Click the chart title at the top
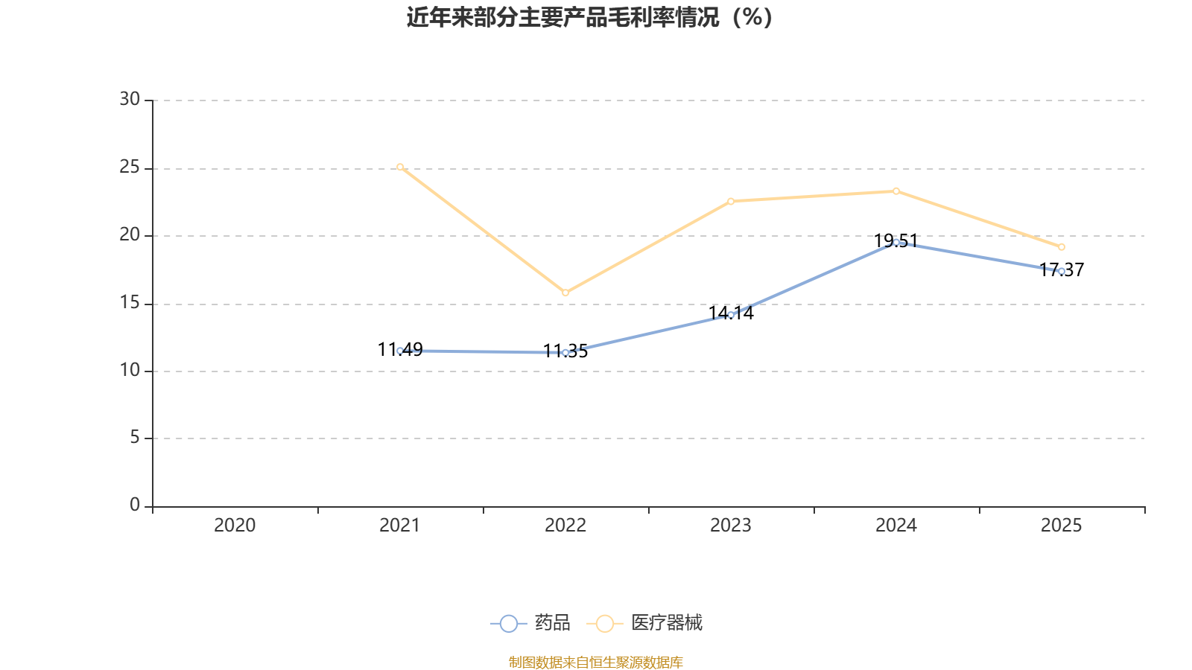pos(589,18)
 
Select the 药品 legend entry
pos(530,622)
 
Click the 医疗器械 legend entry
pos(644,622)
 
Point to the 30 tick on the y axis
pos(130,100)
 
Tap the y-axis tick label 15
pos(130,303)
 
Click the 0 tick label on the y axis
pos(135,505)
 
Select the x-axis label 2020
pos(235,526)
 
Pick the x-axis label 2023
pos(731,526)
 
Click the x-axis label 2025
pos(1061,526)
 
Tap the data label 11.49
pos(400,349)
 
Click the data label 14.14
pos(731,313)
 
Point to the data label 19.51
pos(896,241)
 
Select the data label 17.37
pos(1061,270)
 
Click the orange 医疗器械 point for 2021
pos(400,167)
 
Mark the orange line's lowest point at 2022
pos(565,293)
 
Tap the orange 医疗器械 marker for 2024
pos(896,191)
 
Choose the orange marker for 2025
pos(1061,246)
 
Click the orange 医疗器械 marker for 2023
pos(731,201)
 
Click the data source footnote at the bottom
pos(595,662)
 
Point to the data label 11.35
pos(565,351)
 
